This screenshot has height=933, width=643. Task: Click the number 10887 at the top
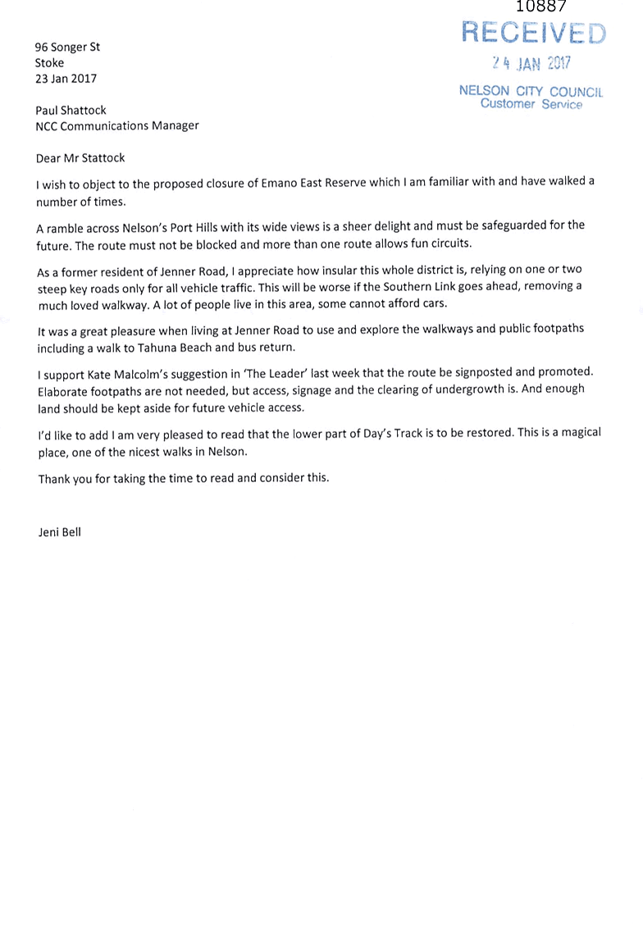coord(540,7)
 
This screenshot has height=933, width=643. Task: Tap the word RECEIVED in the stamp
coord(533,33)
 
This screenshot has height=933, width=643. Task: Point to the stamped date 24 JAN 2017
coord(531,63)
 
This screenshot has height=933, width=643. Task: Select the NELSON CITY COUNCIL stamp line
coord(531,91)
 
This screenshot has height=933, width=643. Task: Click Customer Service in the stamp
coord(531,104)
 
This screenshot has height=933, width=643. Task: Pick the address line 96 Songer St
coord(67,47)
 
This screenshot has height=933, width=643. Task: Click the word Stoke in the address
coord(49,63)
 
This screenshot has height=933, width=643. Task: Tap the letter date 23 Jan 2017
coord(66,79)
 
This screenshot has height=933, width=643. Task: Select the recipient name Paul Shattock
coord(71,110)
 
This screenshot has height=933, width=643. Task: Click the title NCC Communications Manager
coord(117,125)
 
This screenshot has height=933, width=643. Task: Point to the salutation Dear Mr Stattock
coord(80,157)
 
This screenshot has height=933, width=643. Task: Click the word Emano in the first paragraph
coord(278,183)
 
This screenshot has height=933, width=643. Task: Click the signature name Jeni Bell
coord(60,532)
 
